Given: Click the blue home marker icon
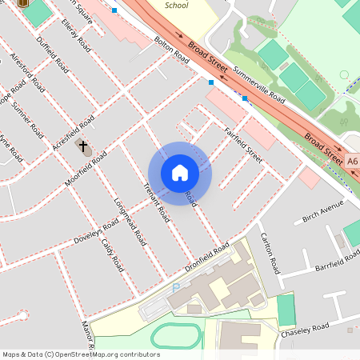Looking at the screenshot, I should [x=180, y=173].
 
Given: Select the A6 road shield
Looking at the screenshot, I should [x=353, y=161].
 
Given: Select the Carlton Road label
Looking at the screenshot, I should [x=269, y=253].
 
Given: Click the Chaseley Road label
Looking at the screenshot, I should [x=309, y=329].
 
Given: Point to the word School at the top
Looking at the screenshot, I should [x=177, y=6].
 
